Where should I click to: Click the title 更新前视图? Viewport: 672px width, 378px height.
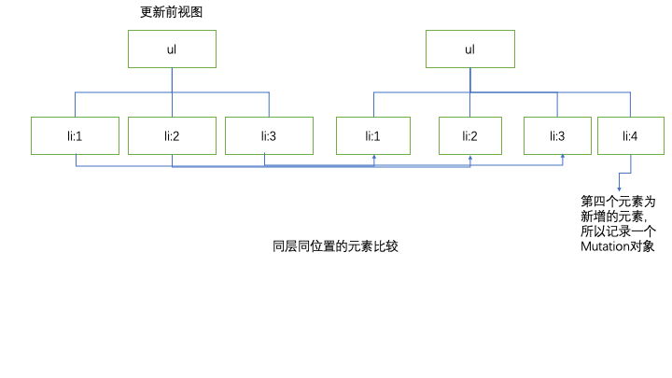point(171,13)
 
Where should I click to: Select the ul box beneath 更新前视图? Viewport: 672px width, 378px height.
point(172,49)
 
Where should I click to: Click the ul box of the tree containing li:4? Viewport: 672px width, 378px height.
point(469,49)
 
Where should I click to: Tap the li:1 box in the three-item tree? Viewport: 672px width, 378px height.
point(75,135)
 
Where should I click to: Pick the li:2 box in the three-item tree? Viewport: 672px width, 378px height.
point(172,135)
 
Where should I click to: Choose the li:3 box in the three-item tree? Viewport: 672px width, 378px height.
point(268,135)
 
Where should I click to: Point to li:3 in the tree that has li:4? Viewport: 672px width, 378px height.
point(557,135)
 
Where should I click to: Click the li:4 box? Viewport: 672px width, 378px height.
point(631,135)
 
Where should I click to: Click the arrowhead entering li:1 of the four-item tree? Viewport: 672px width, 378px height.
point(374,158)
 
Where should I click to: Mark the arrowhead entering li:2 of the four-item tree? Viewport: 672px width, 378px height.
point(469,158)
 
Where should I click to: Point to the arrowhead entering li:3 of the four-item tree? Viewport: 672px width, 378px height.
point(563,158)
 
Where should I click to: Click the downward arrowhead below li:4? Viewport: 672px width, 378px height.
point(619,187)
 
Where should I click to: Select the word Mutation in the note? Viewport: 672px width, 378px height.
point(606,247)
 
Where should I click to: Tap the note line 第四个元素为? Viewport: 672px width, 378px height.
point(618,201)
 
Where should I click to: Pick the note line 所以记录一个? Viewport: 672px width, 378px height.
point(618,232)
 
